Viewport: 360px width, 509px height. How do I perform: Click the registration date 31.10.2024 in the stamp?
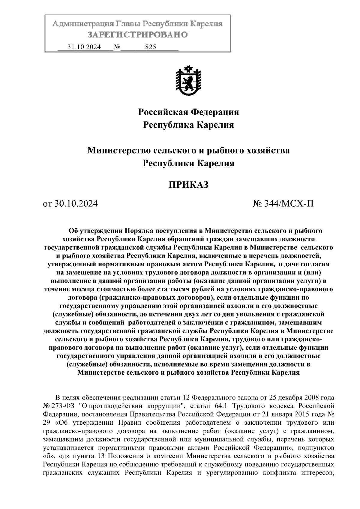pyautogui.click(x=84, y=47)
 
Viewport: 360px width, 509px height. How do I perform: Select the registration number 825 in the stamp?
pyautogui.click(x=150, y=47)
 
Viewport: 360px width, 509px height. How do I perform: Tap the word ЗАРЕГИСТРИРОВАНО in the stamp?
pyautogui.click(x=138, y=35)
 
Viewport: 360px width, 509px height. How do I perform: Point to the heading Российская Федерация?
pyautogui.click(x=188, y=112)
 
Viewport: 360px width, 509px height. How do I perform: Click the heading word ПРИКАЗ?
pyautogui.click(x=188, y=185)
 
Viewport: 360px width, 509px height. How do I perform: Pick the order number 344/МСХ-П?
pyautogui.click(x=283, y=204)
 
